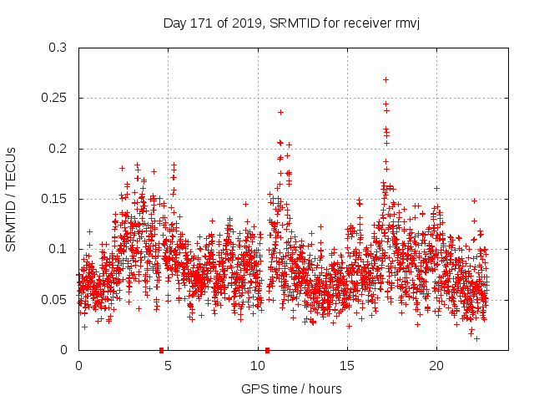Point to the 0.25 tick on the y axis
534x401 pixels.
[56, 98]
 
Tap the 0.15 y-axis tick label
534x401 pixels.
[56, 199]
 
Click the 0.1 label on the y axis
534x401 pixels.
[59, 249]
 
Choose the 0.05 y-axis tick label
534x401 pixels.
[56, 299]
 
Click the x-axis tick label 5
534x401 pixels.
[168, 366]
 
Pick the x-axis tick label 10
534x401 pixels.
[257, 366]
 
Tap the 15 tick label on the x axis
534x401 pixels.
[346, 366]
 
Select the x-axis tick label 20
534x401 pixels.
[436, 366]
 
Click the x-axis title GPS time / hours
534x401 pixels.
[291, 388]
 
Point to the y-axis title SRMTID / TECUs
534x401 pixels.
[11, 199]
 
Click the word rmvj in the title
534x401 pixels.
[404, 23]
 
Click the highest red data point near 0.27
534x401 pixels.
[385, 79]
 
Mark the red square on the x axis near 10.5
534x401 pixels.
[267, 350]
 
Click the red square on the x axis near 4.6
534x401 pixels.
[161, 350]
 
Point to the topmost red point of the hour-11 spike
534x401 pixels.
[280, 112]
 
